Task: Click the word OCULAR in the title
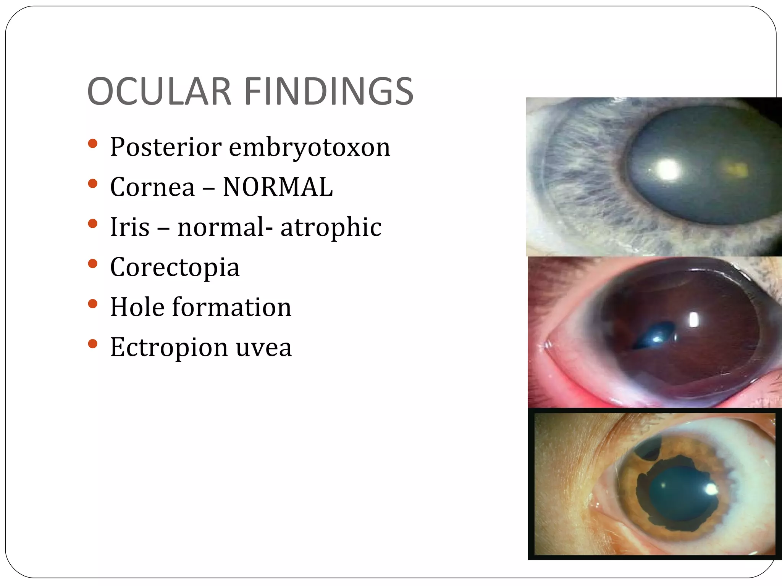(x=160, y=92)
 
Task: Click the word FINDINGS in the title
(x=328, y=92)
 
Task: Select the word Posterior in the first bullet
(x=166, y=147)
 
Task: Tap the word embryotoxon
(x=309, y=148)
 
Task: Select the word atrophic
(x=331, y=228)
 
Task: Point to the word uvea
(x=263, y=348)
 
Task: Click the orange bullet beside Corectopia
(x=92, y=263)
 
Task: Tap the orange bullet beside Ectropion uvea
(x=92, y=344)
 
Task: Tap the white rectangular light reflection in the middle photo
(x=693, y=320)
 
